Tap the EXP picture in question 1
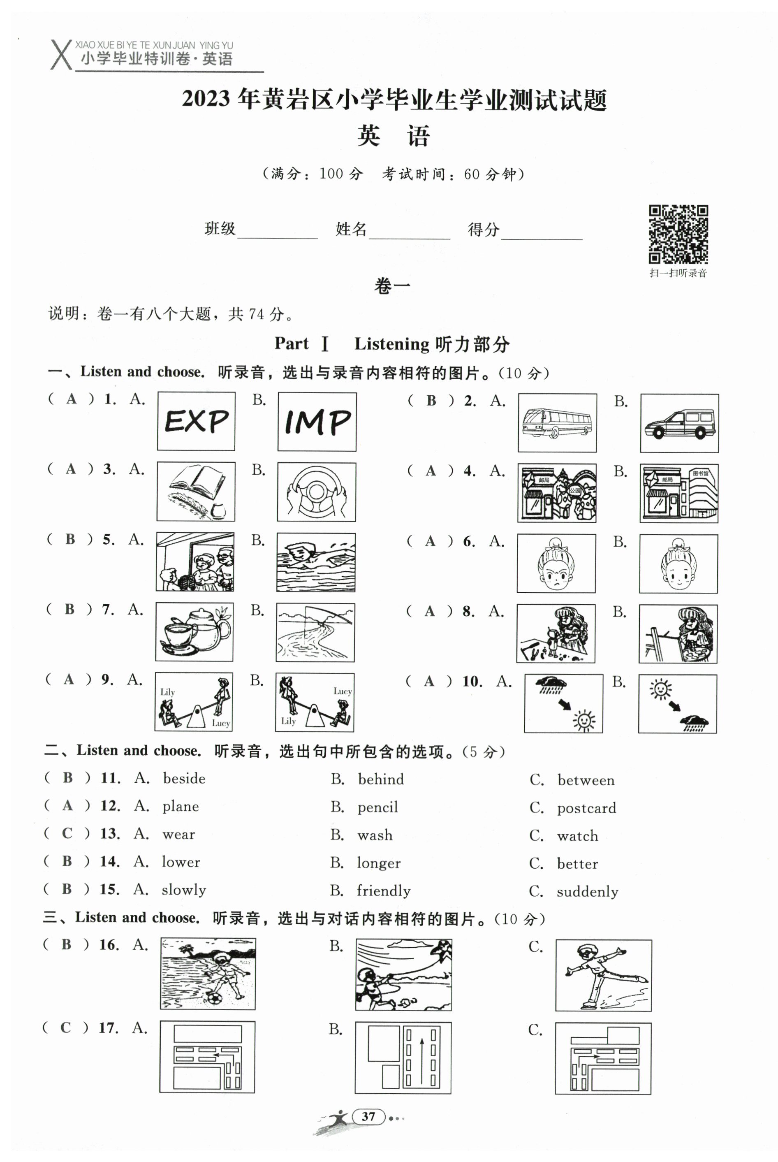(196, 422)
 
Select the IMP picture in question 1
(317, 422)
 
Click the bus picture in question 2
(557, 423)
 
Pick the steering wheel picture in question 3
(316, 492)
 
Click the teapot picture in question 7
(194, 631)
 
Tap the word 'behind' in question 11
(380, 779)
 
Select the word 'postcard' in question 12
(586, 808)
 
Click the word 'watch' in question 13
(578, 836)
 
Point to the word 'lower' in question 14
(181, 862)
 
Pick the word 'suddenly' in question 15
(588, 892)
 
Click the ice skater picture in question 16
(603, 975)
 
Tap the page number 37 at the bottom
(368, 1116)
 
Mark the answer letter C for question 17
(65, 1027)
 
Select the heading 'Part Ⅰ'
(302, 343)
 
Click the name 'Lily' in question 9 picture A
(167, 692)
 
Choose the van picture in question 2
(679, 423)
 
